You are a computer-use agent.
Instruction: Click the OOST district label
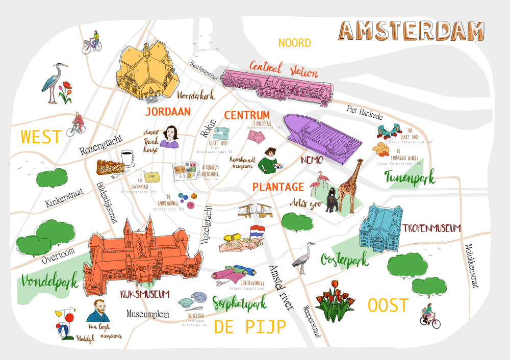tap(388, 305)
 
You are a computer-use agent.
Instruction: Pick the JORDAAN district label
tap(168, 111)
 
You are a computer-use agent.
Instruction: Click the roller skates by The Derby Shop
tap(387, 131)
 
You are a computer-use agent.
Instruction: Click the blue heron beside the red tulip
tap(52, 84)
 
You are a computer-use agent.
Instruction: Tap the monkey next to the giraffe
tap(333, 199)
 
